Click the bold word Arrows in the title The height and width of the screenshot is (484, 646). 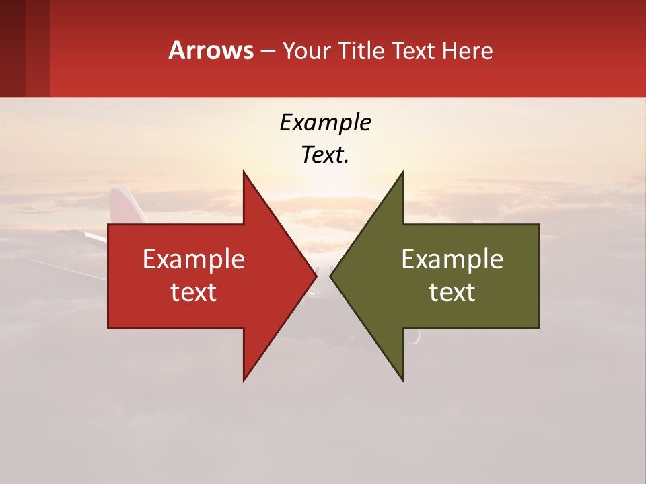(x=211, y=50)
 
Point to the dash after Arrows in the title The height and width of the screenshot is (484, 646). (x=267, y=52)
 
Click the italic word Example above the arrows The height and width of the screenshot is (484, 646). (x=325, y=122)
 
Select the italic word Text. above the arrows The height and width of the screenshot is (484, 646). (x=325, y=155)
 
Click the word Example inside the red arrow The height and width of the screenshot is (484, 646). (x=194, y=259)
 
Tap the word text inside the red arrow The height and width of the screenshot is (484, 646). (x=194, y=292)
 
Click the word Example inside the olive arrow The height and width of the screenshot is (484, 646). (x=452, y=259)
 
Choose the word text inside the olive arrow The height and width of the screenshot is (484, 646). (x=452, y=292)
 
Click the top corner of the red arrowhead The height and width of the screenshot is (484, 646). (x=244, y=173)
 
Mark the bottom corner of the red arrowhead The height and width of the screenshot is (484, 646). (x=244, y=380)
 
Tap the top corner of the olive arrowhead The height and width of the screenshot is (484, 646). (x=402, y=173)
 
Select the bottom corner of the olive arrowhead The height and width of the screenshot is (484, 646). (x=402, y=380)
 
